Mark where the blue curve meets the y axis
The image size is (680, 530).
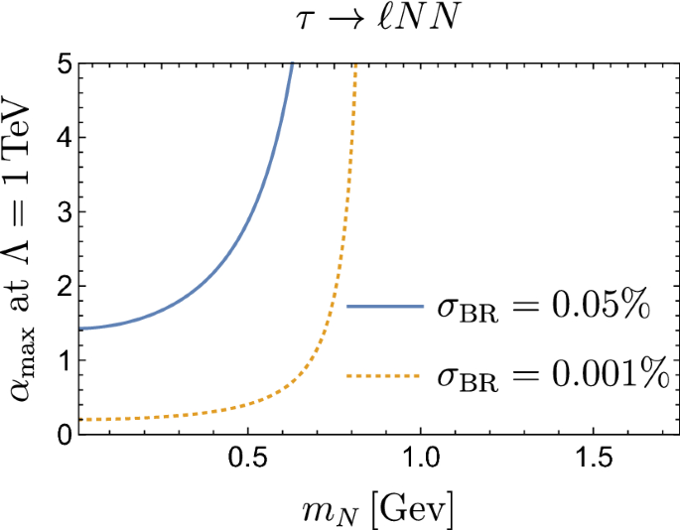[x=77, y=329]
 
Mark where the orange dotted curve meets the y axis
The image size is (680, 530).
[x=77, y=420]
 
